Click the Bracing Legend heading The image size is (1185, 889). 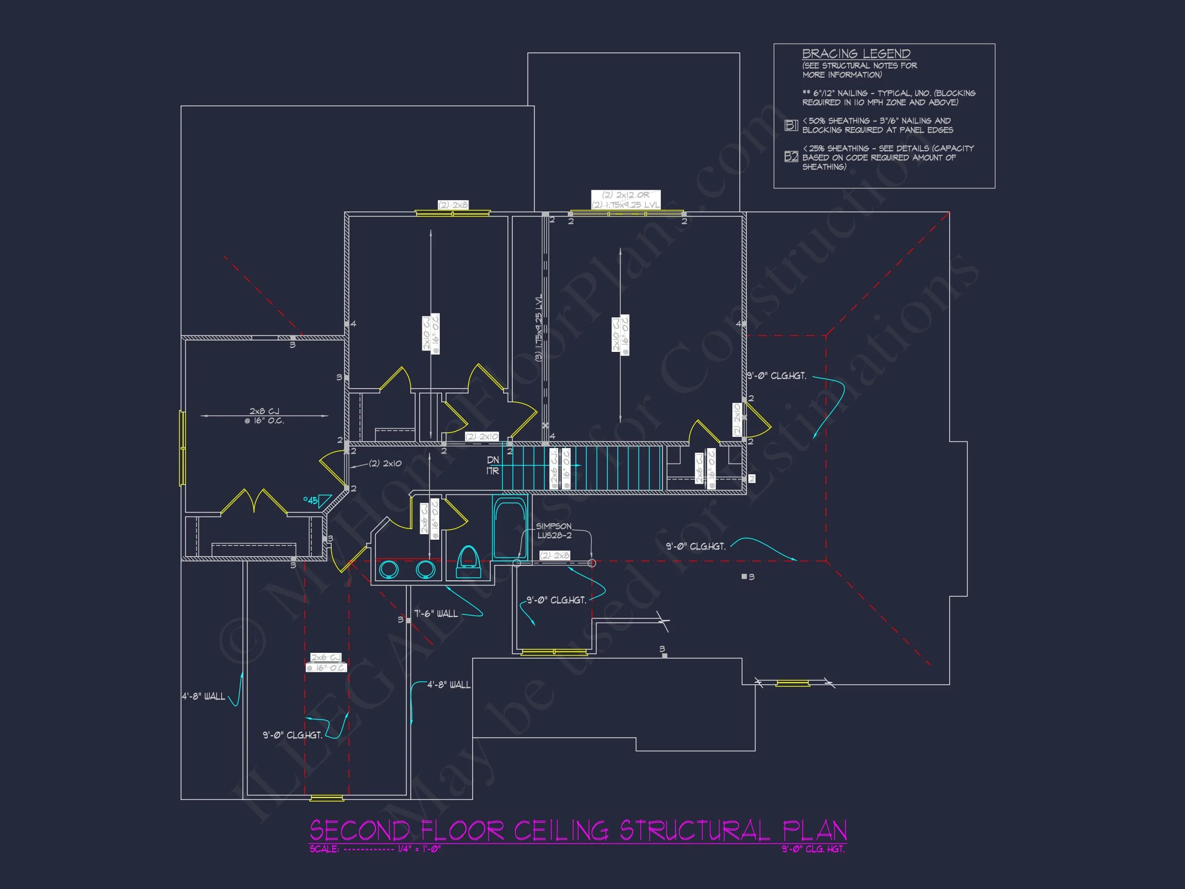pos(855,54)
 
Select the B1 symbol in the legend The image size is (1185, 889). pos(791,126)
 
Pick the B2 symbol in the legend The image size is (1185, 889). pos(791,156)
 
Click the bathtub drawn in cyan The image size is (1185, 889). pos(510,528)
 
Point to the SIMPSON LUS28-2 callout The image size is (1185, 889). pos(554,530)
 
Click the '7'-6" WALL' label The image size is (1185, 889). pos(436,614)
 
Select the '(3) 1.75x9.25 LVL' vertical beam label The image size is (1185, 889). pos(538,327)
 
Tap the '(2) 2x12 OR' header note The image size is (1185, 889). pos(625,195)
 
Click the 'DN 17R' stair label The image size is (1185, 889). pos(492,465)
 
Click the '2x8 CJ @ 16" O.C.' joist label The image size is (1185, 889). pos(264,416)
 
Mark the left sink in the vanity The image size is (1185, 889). pos(388,569)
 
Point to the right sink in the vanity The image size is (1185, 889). pos(425,569)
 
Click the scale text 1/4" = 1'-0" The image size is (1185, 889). pos(419,849)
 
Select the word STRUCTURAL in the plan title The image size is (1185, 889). pos(695,830)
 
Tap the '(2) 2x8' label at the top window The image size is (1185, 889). pos(453,205)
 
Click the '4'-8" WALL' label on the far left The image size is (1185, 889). pos(203,696)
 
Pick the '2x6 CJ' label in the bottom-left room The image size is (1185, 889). pos(326,657)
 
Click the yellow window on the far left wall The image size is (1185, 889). pos(182,448)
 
